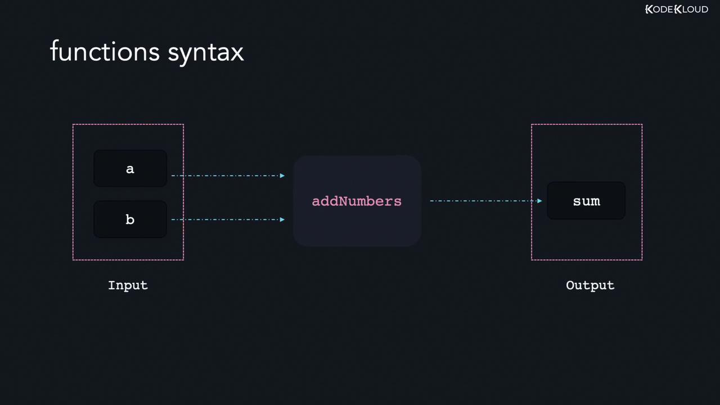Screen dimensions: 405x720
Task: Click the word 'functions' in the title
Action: coord(105,52)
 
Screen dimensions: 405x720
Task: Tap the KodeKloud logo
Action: coord(676,10)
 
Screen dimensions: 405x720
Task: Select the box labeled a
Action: coord(130,168)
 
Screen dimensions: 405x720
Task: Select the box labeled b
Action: coord(130,219)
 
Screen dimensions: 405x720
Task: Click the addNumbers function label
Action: coord(357,201)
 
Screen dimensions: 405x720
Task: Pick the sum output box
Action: coord(586,201)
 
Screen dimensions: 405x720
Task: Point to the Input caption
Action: coord(128,285)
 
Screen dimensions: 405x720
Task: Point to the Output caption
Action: coord(590,285)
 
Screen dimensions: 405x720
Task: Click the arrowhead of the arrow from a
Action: coord(282,175)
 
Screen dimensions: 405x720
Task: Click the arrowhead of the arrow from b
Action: coord(282,219)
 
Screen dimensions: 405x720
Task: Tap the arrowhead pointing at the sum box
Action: coord(539,201)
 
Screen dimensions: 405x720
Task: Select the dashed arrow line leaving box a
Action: coord(225,175)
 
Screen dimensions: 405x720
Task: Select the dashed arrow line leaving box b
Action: coord(225,219)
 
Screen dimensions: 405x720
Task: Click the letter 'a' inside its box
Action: coord(130,169)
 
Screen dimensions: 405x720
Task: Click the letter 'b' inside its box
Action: coord(130,219)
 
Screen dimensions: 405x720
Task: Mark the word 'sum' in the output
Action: coord(586,201)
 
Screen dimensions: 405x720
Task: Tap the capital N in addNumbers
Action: coord(343,201)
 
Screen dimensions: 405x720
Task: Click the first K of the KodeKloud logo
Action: coord(649,10)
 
